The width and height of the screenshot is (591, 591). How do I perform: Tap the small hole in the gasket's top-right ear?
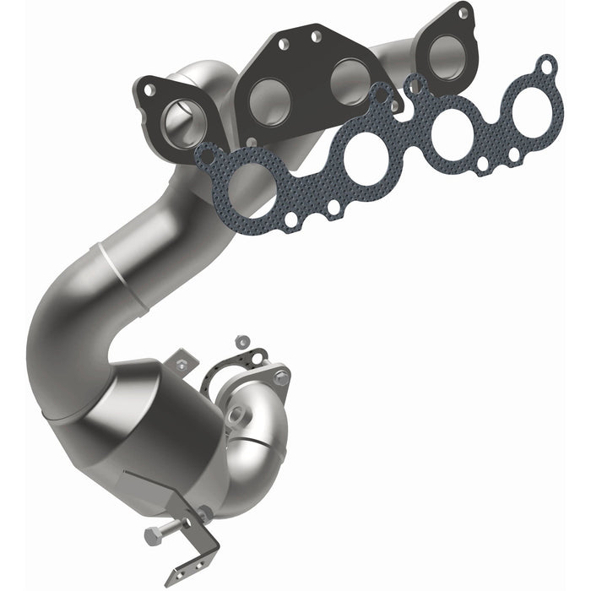pyautogui.click(x=548, y=65)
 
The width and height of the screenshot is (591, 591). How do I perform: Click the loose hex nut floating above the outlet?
pyautogui.click(x=242, y=342)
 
